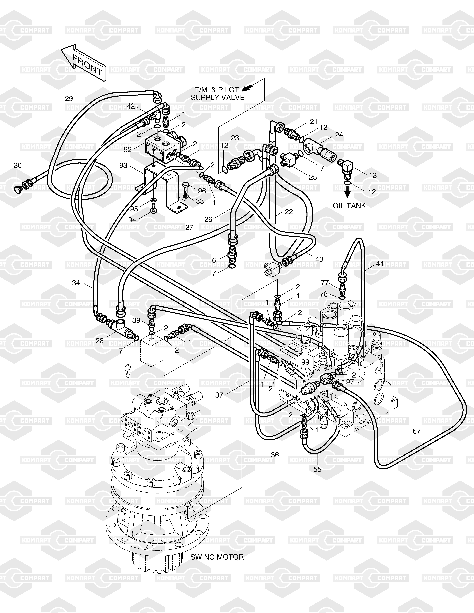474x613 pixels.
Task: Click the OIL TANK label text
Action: [349, 206]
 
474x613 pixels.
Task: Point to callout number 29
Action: [69, 99]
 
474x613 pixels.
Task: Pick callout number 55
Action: [317, 469]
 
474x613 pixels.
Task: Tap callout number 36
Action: [275, 454]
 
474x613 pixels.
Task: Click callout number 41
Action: [380, 264]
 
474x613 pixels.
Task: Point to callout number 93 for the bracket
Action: [123, 166]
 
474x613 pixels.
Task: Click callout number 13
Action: [373, 175]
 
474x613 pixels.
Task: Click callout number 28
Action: [100, 341]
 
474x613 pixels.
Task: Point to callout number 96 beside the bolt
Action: [202, 191]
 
